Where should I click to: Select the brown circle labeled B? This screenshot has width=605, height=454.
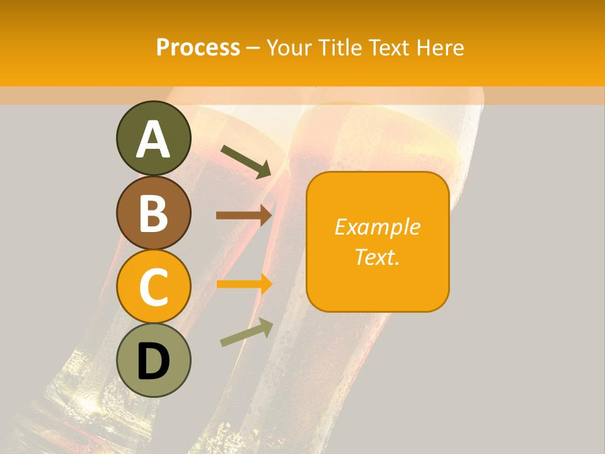click(x=153, y=213)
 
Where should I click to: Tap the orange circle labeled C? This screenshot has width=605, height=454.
click(x=153, y=287)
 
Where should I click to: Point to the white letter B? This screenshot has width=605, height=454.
click(x=153, y=213)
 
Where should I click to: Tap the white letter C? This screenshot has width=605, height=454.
click(x=153, y=288)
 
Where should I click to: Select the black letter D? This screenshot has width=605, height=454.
click(x=153, y=361)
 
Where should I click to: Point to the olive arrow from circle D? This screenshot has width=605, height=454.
click(x=246, y=332)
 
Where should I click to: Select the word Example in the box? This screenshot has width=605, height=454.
click(x=377, y=227)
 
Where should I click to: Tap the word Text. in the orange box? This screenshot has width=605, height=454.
click(x=377, y=257)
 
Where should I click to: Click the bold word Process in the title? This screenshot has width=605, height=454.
click(x=198, y=47)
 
